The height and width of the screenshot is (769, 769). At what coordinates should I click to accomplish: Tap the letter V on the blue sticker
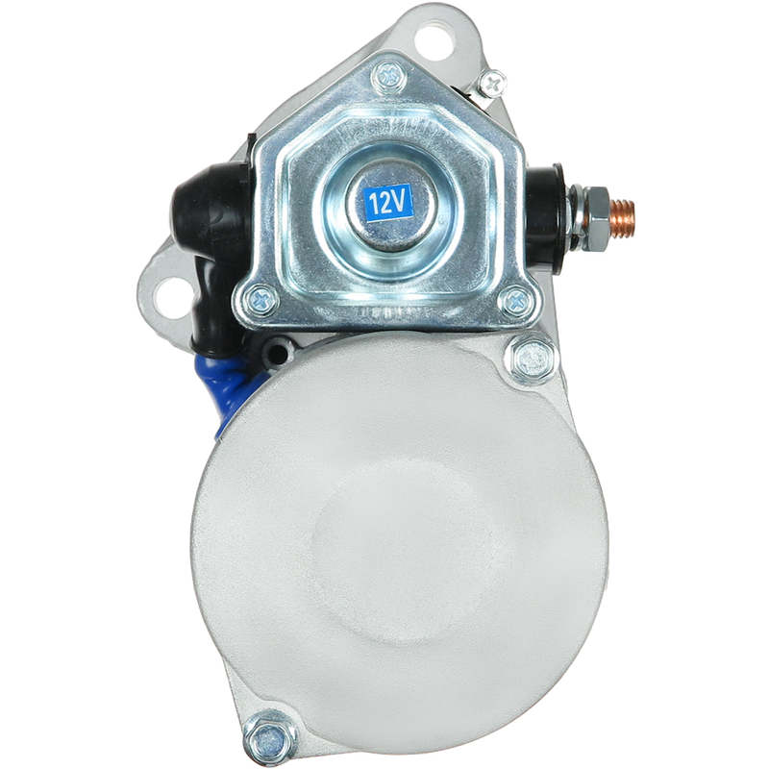pos(400,202)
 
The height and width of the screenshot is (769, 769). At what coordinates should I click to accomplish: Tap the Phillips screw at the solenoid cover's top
pos(389,77)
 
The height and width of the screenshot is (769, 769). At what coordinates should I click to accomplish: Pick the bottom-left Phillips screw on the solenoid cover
pos(261,300)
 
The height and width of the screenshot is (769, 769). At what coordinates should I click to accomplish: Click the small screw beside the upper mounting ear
pos(492,85)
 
